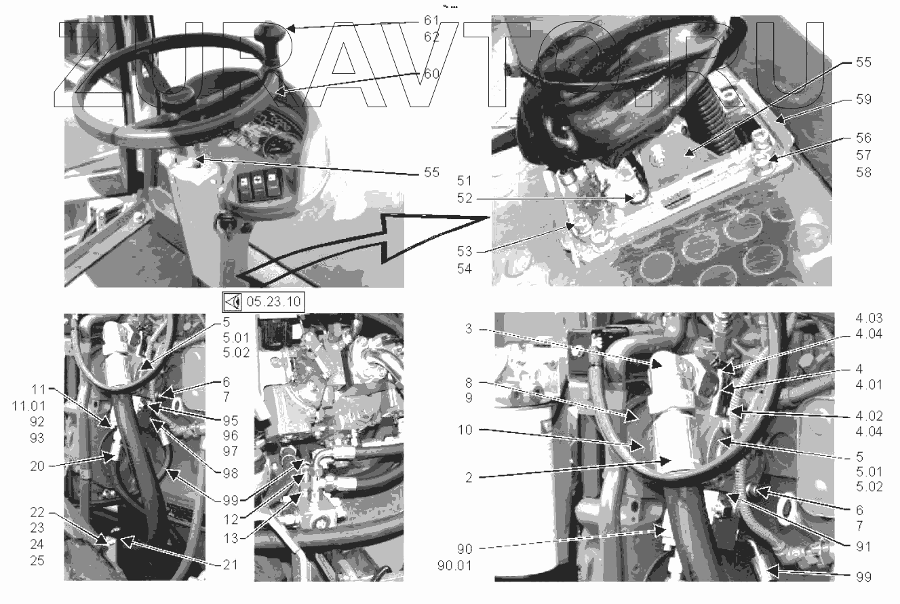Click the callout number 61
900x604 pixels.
431,20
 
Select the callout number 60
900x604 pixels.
431,73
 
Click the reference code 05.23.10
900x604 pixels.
273,301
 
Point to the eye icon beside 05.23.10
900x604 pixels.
233,301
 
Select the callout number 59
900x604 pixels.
864,99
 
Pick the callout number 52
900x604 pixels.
465,198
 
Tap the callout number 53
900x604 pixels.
465,251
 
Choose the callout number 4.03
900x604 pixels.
869,318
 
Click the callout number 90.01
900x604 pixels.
454,565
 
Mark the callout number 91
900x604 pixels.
863,546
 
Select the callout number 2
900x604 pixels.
469,478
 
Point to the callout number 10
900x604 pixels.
465,430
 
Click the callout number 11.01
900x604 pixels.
28,406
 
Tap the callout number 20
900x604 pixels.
37,466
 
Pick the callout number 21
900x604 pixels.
231,565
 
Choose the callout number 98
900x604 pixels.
231,473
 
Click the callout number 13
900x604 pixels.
231,538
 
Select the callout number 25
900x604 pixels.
37,561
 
